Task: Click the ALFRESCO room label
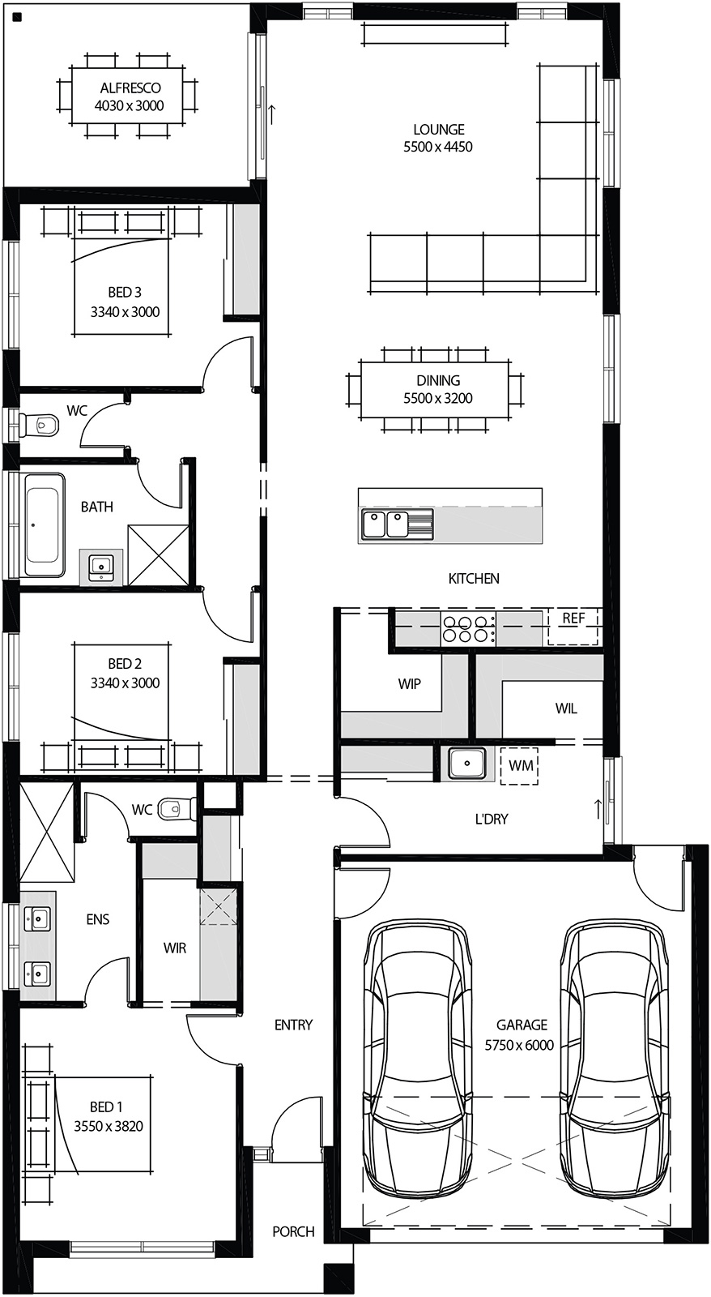[129, 88]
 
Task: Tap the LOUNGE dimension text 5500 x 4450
[438, 147]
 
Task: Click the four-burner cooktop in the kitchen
[467, 629]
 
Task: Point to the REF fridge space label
[573, 619]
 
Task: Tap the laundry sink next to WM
[467, 764]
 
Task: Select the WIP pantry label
[409, 684]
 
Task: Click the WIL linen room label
[566, 708]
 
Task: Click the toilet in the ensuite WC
[177, 808]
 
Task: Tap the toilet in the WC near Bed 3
[40, 424]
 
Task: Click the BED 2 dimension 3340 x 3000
[125, 683]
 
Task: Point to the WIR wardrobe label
[174, 948]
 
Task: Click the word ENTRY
[293, 1025]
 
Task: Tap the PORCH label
[293, 1231]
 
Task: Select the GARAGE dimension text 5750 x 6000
[519, 1045]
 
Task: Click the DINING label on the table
[438, 380]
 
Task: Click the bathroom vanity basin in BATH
[101, 565]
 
